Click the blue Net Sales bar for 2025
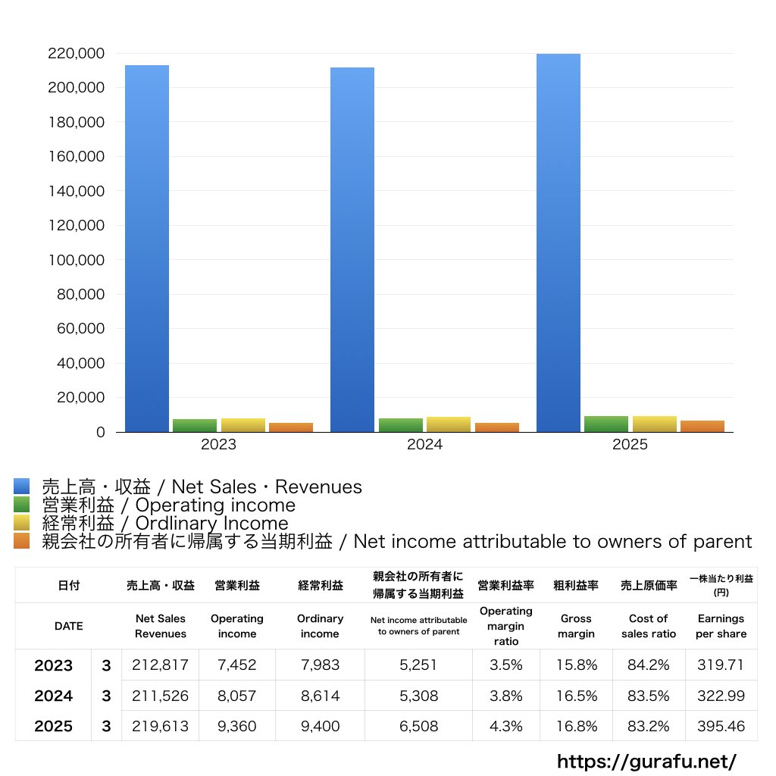pos(559,243)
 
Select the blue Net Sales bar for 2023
pos(147,249)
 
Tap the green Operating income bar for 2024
pos(401,425)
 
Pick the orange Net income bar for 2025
pos(702,426)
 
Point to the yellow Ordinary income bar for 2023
pos(243,425)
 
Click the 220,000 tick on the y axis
pos(77,54)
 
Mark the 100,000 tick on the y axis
pos(77,260)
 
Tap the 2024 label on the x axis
pos(424,444)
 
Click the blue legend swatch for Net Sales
pos(22,487)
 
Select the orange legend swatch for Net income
pos(22,541)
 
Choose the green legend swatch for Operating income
pos(22,504)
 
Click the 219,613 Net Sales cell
pos(161,726)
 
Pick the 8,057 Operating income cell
pos(237,696)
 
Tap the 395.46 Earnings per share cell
pos(721,726)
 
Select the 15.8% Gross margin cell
pos(577,665)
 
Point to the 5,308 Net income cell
pos(418,696)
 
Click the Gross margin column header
pos(576,626)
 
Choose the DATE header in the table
pos(69,626)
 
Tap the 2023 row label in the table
pos(54,665)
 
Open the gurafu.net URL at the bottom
pos(647,761)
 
